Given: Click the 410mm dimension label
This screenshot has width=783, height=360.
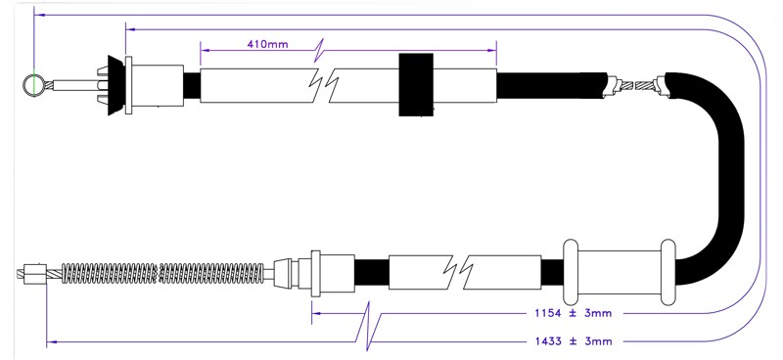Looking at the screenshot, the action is point(267,44).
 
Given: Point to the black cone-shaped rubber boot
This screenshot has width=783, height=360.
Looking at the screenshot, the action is point(115,85).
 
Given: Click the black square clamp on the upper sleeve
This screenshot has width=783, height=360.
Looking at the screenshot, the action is point(415,85).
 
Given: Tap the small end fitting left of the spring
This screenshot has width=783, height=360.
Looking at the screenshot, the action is point(35,274).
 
